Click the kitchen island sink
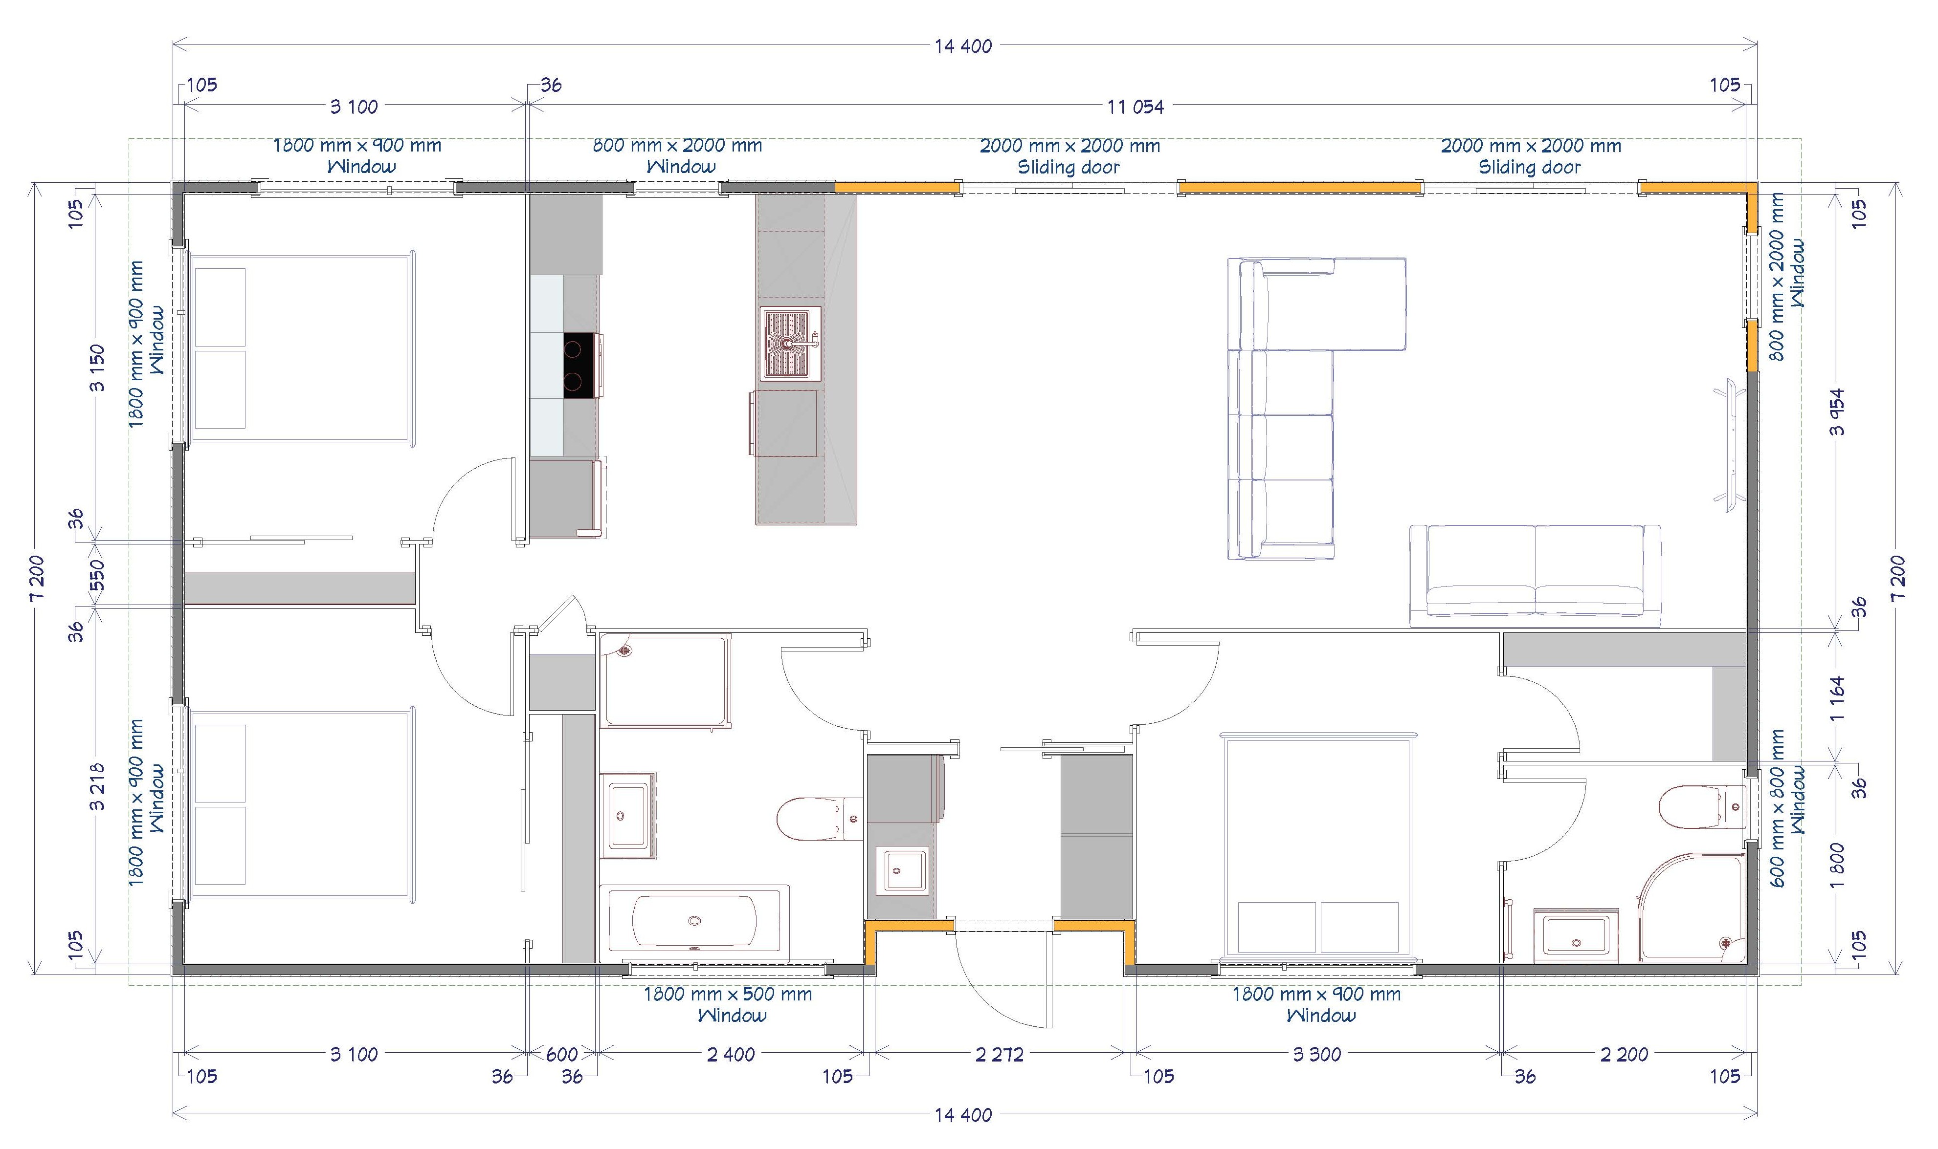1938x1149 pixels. (x=790, y=344)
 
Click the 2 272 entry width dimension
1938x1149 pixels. (x=999, y=1054)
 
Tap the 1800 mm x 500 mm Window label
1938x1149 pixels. (x=728, y=1004)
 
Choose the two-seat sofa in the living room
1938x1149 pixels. (x=1535, y=575)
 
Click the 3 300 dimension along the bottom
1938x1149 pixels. (x=1317, y=1054)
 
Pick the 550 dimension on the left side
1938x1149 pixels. (x=98, y=575)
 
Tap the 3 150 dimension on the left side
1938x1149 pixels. (x=98, y=368)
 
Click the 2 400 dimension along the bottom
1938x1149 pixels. (x=731, y=1054)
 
